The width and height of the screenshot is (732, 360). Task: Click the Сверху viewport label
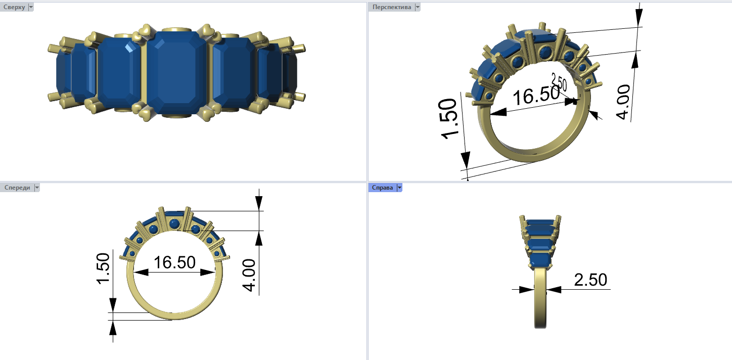(14, 7)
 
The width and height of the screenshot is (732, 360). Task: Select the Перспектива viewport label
(391, 7)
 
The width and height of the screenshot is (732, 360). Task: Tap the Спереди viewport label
(17, 188)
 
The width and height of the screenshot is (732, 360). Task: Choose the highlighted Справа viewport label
(382, 188)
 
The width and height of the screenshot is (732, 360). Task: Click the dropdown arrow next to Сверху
(31, 7)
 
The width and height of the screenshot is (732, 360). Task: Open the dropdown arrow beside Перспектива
(417, 7)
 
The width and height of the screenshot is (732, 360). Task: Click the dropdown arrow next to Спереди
(37, 188)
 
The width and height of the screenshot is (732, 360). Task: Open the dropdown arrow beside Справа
(399, 188)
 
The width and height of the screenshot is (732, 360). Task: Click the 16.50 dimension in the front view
(174, 262)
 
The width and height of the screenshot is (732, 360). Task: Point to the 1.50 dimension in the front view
(104, 268)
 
